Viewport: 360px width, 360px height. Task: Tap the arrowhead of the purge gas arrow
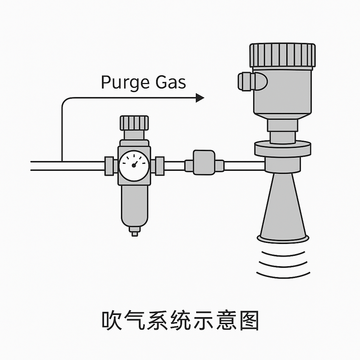pyautogui.click(x=200, y=98)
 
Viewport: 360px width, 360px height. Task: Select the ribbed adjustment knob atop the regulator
pyautogui.click(x=134, y=123)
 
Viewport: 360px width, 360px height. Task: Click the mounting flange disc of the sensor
pyautogui.click(x=283, y=148)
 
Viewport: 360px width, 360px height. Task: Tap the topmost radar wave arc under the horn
pyautogui.click(x=283, y=254)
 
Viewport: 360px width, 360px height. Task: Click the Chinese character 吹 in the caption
pyautogui.click(x=111, y=320)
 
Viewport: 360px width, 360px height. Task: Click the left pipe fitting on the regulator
pyautogui.click(x=109, y=166)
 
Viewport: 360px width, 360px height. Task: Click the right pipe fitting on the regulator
pyautogui.click(x=159, y=166)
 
